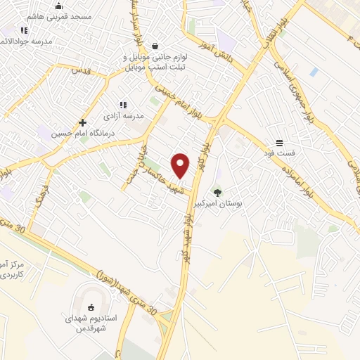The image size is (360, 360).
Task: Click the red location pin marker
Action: pos(181,165)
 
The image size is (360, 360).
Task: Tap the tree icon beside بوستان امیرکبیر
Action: pos(217,192)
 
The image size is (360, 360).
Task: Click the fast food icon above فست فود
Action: pos(279,143)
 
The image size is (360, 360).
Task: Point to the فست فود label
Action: pos(278,153)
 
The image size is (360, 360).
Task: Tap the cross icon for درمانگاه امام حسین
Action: pos(83,122)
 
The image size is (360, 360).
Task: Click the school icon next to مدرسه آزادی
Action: pos(123,105)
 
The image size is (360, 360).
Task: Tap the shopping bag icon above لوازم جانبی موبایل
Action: pos(155,46)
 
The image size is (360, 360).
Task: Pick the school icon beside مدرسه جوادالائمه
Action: pos(24,30)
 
